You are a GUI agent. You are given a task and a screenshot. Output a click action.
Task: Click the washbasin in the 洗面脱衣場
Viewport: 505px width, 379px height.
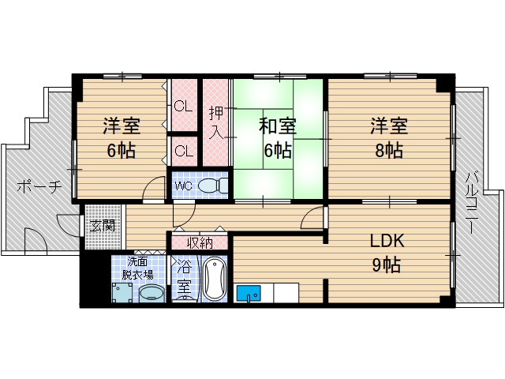click(151, 294)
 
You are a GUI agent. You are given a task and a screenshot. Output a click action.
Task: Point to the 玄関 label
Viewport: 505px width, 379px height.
click(103, 225)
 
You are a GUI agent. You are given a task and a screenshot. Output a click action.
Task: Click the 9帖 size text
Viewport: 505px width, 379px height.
click(387, 265)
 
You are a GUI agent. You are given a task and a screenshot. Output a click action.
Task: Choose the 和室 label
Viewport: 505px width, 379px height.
click(278, 126)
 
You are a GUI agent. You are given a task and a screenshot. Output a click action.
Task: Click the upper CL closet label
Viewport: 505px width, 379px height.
click(184, 105)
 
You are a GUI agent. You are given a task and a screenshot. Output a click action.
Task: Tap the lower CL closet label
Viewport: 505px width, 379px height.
click(184, 150)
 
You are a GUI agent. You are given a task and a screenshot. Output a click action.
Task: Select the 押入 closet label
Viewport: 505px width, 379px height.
click(215, 122)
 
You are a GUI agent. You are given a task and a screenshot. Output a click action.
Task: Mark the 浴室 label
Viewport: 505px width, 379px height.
click(183, 277)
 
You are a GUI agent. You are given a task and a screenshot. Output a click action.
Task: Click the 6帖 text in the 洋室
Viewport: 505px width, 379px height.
click(120, 150)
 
